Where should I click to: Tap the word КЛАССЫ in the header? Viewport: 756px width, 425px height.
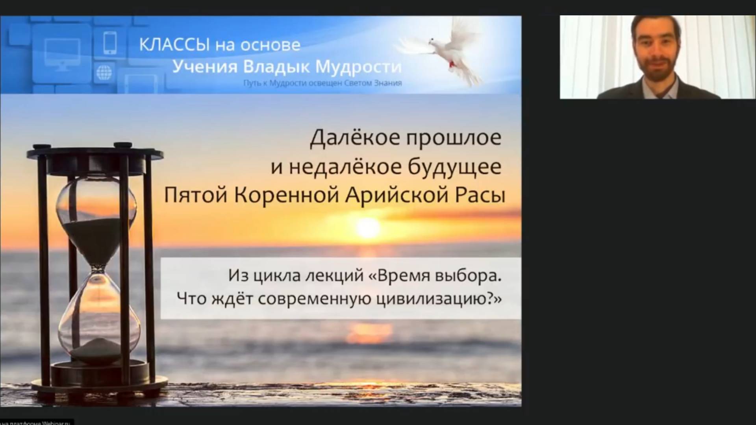[174, 45]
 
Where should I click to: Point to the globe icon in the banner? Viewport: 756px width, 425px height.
[104, 72]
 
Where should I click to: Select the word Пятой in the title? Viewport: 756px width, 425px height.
[195, 196]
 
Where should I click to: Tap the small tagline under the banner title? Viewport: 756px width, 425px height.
[323, 83]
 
